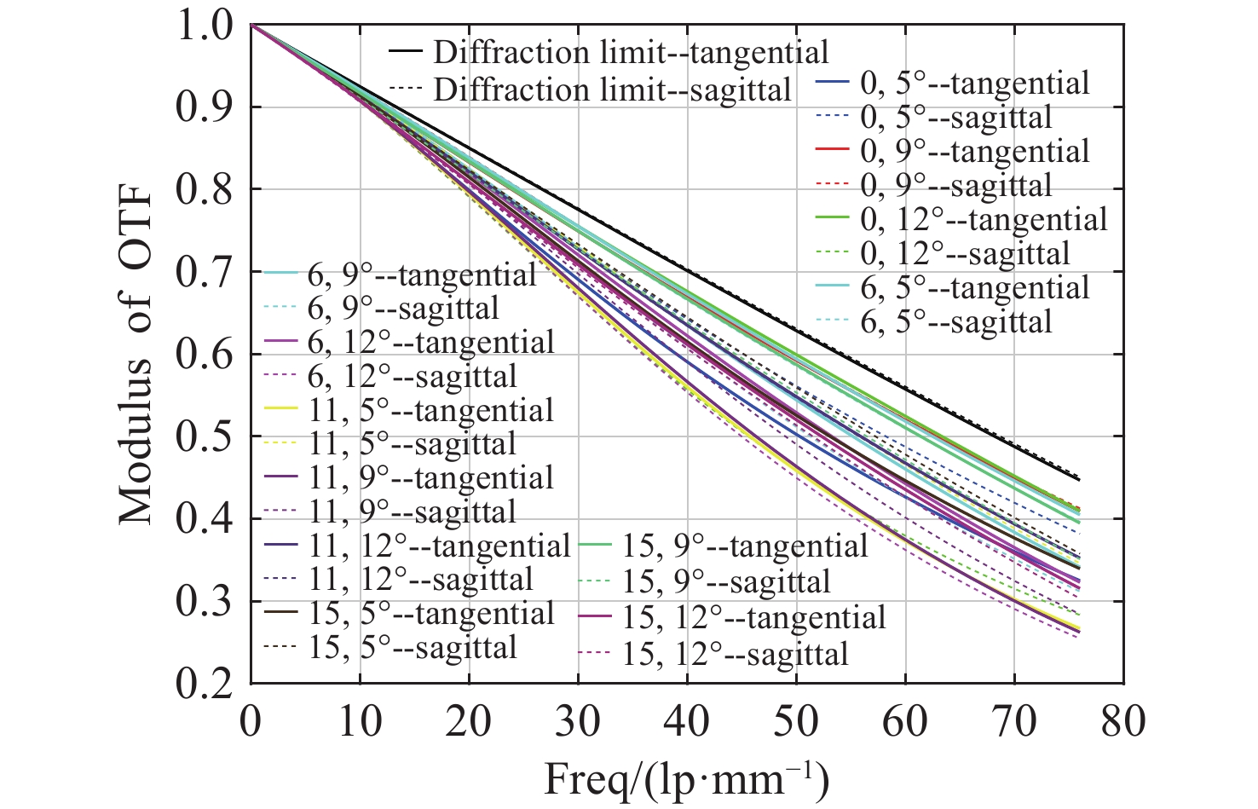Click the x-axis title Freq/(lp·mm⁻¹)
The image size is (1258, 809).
[x=686, y=778]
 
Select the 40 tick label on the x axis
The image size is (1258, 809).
[x=686, y=721]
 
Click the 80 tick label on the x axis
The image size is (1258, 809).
[x=1122, y=721]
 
